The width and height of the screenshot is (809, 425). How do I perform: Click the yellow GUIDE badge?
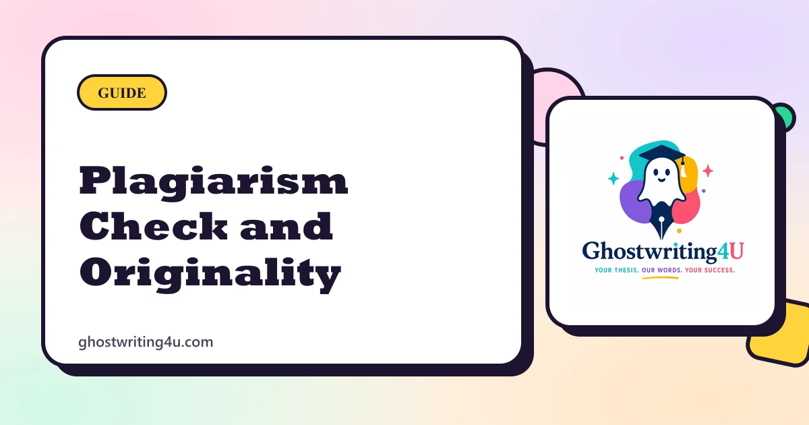(122, 92)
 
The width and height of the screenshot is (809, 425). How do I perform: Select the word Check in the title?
(154, 226)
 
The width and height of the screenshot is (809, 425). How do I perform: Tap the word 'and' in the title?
(286, 226)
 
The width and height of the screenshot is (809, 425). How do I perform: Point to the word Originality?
(210, 275)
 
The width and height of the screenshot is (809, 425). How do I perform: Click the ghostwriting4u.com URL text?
(146, 342)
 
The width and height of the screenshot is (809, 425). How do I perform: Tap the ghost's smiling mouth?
(661, 179)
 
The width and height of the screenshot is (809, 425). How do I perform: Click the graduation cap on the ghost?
(661, 154)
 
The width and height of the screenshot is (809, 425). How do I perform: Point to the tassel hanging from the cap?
(683, 168)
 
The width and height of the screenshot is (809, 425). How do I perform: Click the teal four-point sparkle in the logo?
(613, 179)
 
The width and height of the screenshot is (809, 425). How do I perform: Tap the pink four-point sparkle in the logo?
(708, 171)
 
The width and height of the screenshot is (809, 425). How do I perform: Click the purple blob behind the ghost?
(634, 202)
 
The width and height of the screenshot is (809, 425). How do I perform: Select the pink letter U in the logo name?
(737, 251)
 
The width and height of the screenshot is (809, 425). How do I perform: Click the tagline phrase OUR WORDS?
(661, 271)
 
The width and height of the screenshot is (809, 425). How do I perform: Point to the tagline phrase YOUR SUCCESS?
(710, 271)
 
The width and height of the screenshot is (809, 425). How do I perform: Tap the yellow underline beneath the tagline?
(660, 278)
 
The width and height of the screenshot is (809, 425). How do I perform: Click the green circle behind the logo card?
(787, 116)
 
